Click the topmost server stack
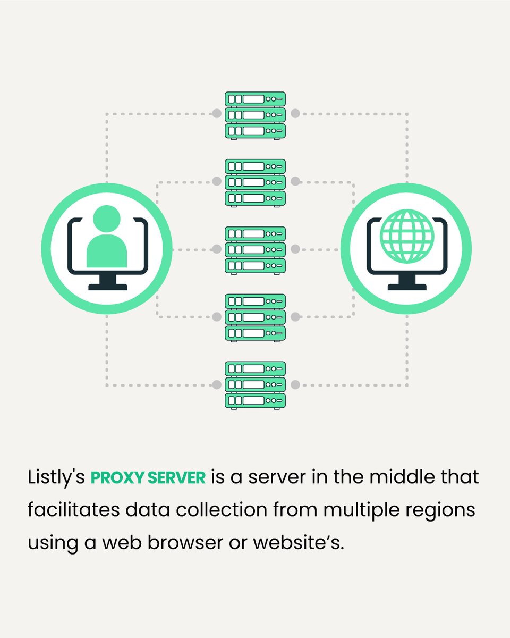pyautogui.click(x=255, y=115)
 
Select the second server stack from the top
pyautogui.click(x=255, y=182)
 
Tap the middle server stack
pyautogui.click(x=255, y=250)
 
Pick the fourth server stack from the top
pyautogui.click(x=255, y=317)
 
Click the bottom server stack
pyautogui.click(x=255, y=384)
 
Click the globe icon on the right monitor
pyautogui.click(x=407, y=236)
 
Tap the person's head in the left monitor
pyautogui.click(x=106, y=219)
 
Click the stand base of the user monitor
pyautogui.click(x=107, y=287)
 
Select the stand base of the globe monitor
pyautogui.click(x=407, y=287)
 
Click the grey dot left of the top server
pyautogui.click(x=217, y=113)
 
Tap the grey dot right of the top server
pyautogui.click(x=295, y=113)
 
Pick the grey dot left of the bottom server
pyautogui.click(x=217, y=384)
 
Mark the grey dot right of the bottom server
pyautogui.click(x=295, y=384)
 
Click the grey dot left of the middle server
pyautogui.click(x=217, y=249)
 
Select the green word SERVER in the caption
pyautogui.click(x=176, y=477)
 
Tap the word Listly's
pyautogui.click(x=56, y=477)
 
